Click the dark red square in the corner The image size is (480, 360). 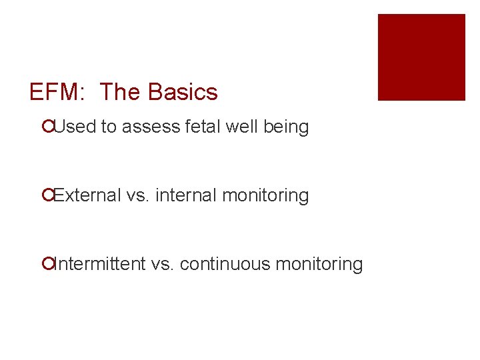tap(421, 57)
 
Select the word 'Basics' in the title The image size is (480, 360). tap(183, 92)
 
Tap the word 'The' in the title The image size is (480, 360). tap(121, 92)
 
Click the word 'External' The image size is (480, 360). tap(87, 195)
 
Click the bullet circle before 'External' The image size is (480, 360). tap(46, 195)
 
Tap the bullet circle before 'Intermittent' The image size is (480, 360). tap(46, 264)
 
